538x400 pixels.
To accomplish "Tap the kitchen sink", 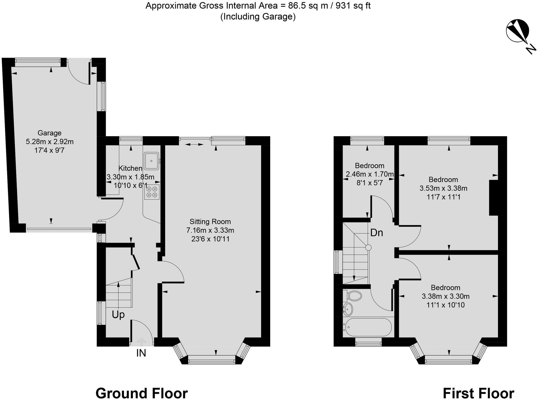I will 151,161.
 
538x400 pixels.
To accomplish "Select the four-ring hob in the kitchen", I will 152,192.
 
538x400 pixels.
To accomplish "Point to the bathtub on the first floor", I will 368,327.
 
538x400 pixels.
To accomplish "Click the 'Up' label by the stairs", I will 118,315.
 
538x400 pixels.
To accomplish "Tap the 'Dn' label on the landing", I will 377,233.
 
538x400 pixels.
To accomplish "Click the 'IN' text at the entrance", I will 141,354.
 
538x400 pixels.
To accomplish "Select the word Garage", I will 49,133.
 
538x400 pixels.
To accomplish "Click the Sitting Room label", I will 210,222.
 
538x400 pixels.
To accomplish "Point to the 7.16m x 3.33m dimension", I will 210,230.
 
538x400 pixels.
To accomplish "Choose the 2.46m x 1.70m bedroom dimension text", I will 370,175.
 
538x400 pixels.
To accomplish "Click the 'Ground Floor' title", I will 142,393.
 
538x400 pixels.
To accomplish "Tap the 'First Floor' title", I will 478,393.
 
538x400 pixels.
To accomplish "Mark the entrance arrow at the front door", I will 142,342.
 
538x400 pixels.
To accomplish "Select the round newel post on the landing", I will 368,248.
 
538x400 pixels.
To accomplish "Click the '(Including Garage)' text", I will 258,16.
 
